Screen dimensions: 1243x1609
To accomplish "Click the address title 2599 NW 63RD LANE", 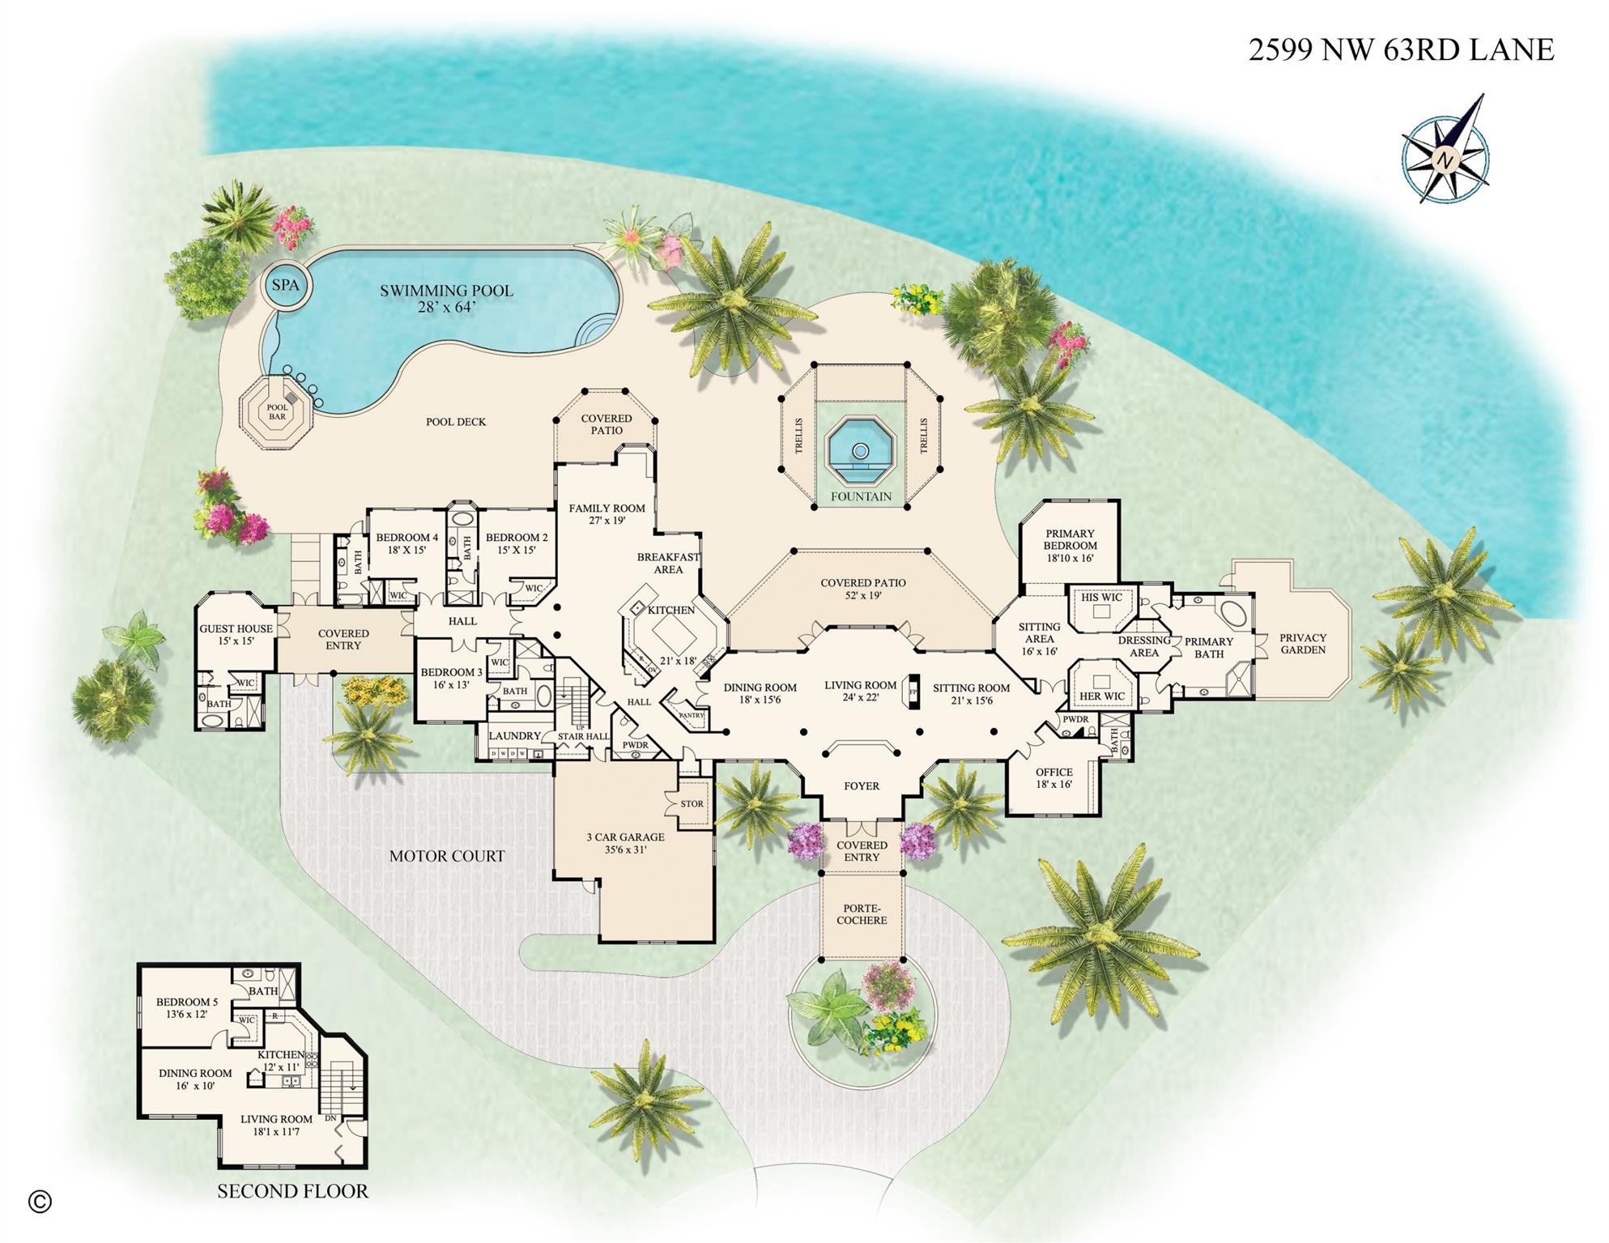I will (1400, 50).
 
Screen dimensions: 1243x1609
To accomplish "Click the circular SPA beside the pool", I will (285, 285).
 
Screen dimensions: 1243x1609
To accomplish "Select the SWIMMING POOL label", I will (446, 297).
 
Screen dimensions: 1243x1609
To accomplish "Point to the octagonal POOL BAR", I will (277, 411).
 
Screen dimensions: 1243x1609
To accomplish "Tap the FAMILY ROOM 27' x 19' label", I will (607, 514).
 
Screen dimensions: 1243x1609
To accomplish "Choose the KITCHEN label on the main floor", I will (671, 610).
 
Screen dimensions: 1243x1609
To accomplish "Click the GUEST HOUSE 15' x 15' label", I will (236, 634).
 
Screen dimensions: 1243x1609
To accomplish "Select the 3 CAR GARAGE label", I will (625, 843).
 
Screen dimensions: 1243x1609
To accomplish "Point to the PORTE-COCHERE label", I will (862, 914).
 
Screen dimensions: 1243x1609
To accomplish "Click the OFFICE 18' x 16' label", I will (1054, 778).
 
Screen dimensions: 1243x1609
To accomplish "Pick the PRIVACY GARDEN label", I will (1303, 644).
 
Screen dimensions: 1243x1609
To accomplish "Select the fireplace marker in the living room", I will (913, 692).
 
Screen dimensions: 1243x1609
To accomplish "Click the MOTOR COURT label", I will (446, 856).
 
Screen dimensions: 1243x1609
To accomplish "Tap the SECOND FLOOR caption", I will (292, 1191).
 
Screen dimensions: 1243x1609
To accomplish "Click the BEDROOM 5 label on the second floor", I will (186, 1007).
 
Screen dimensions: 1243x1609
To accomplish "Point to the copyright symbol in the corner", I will (40, 1202).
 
